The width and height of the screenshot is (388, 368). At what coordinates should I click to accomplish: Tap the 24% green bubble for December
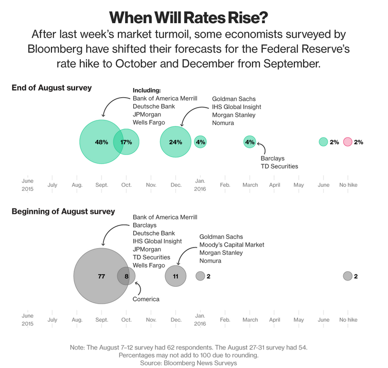tap(176, 142)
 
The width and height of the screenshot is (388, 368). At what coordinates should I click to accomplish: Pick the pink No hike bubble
tap(347, 142)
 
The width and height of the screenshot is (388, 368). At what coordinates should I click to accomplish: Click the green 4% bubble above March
tap(250, 142)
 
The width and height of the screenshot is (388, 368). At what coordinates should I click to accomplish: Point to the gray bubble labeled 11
tap(175, 276)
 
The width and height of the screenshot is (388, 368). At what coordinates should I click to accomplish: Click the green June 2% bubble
tap(323, 142)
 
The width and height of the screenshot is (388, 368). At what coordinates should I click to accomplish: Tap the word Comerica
tap(146, 299)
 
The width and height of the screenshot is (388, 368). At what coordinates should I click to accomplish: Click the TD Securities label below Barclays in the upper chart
tap(279, 166)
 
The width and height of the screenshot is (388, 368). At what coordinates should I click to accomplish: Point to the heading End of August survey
tap(51, 87)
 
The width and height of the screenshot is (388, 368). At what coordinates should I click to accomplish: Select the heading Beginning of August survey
tap(63, 211)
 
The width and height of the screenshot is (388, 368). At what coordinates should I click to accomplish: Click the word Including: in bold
tap(147, 90)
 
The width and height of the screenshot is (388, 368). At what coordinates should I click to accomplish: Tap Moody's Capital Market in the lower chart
tap(232, 244)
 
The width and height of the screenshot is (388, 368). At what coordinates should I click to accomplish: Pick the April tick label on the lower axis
tap(275, 320)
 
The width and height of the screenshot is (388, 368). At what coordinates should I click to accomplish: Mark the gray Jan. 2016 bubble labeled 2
tap(200, 276)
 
